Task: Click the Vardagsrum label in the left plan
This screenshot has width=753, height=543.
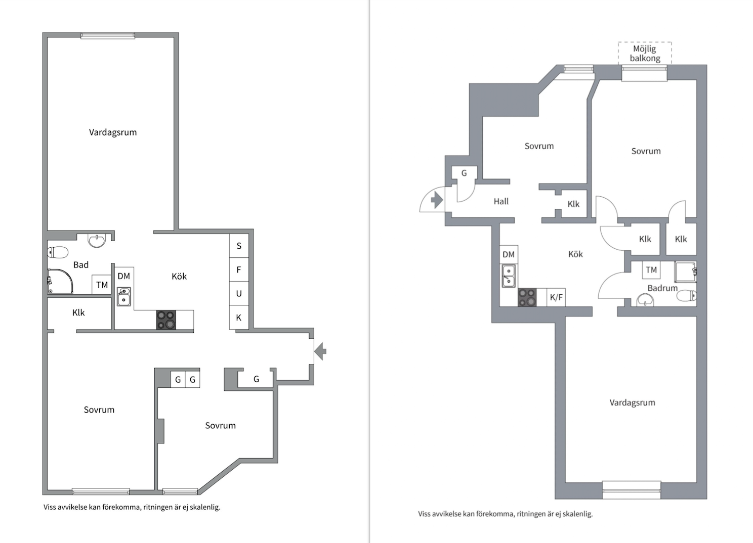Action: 113,132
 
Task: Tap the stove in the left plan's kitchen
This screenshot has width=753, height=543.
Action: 166,320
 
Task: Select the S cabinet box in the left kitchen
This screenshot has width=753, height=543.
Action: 239,246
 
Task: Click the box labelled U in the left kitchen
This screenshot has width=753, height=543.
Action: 239,294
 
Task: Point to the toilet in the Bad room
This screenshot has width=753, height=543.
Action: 58,252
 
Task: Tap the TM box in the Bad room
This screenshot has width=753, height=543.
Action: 102,285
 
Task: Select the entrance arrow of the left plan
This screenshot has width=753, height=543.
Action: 320,351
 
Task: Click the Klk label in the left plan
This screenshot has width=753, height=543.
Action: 78,312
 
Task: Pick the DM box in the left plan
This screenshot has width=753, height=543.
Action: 124,276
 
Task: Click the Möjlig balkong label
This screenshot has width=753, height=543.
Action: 645,54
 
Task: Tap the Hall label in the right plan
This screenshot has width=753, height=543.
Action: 501,202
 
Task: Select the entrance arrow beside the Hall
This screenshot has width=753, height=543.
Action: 437,200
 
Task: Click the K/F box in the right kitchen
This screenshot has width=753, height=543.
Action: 556,297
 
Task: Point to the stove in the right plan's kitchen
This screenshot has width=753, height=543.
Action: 527,297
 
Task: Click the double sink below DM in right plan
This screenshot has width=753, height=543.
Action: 508,276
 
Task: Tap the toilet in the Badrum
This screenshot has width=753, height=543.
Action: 686,296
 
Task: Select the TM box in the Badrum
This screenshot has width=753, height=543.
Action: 651,270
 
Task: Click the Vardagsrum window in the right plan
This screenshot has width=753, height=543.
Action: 632,490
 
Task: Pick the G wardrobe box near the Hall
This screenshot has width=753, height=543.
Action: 464,173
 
